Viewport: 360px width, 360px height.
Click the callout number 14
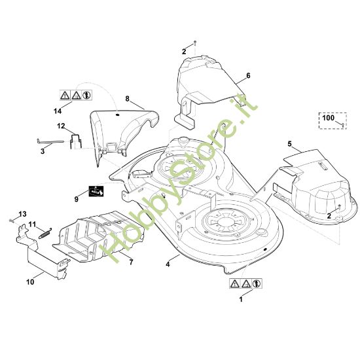point(58,111)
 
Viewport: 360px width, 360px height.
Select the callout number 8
point(128,99)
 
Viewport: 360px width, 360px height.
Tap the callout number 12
point(61,126)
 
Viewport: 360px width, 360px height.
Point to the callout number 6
point(248,75)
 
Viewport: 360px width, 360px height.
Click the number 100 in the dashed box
point(329,118)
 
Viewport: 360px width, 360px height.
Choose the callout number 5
point(289,144)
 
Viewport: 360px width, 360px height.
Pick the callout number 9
point(77,199)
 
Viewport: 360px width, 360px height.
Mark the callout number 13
point(22,214)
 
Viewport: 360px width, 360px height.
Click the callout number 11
point(32,224)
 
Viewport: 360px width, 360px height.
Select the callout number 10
point(30,282)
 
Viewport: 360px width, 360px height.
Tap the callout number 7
point(131,262)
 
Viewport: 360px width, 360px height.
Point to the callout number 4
point(168,264)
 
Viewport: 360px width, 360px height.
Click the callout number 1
point(241,300)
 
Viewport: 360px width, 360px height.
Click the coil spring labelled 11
point(45,233)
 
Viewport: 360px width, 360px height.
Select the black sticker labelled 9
point(96,191)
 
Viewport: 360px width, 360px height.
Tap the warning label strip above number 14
point(76,95)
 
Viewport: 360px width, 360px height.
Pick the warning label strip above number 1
point(245,284)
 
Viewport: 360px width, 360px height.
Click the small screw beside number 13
point(11,221)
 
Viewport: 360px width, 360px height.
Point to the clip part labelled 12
point(75,141)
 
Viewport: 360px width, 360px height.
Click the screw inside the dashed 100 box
point(342,125)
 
